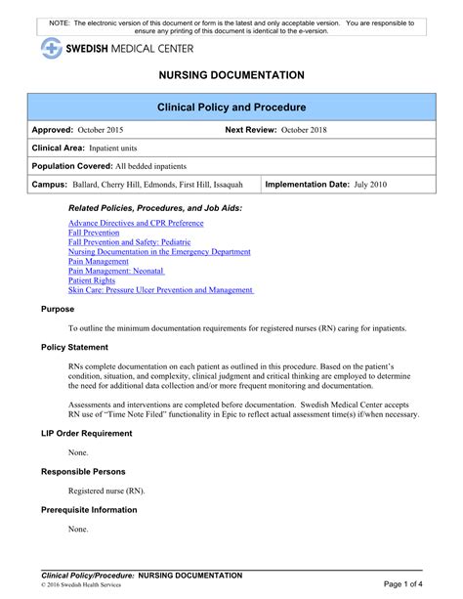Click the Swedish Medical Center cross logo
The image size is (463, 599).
(x=51, y=48)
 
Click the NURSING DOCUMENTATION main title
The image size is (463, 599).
(x=231, y=75)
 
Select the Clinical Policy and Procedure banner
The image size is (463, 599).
(x=231, y=107)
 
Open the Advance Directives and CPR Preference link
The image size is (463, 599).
(x=136, y=224)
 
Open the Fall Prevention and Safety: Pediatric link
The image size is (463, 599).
(x=129, y=242)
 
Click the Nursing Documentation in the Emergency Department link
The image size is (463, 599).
(x=159, y=252)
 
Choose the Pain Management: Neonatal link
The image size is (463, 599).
(x=116, y=271)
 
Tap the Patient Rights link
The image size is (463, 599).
(x=91, y=280)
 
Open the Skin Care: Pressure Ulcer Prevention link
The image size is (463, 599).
(x=160, y=290)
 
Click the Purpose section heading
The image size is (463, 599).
(x=58, y=309)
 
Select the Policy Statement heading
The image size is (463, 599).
(x=74, y=347)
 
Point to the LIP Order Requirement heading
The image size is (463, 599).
(x=86, y=433)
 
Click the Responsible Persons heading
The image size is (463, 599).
(x=83, y=471)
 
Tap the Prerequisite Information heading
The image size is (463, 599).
(x=89, y=509)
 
